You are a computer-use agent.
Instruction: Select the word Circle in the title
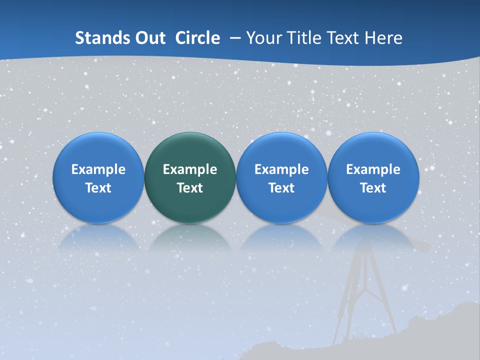197,38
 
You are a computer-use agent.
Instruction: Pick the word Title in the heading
301,38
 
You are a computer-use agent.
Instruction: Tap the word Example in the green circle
190,169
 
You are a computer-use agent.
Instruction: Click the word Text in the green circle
190,188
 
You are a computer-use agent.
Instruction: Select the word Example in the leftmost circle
98,169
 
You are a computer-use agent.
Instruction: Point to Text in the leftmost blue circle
98,188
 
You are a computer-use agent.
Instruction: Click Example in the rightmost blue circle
373,169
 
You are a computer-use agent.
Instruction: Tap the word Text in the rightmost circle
373,188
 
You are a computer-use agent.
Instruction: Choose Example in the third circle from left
281,169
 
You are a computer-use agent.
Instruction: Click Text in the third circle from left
281,188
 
